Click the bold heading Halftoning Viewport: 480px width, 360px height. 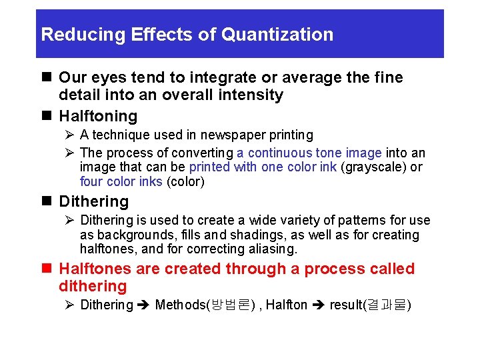coord(98,116)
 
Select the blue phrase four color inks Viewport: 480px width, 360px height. coord(121,181)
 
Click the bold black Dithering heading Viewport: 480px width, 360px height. coord(94,201)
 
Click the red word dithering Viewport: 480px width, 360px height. coord(93,287)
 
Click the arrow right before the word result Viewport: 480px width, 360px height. coord(319,305)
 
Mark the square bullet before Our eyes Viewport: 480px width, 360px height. coord(46,78)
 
